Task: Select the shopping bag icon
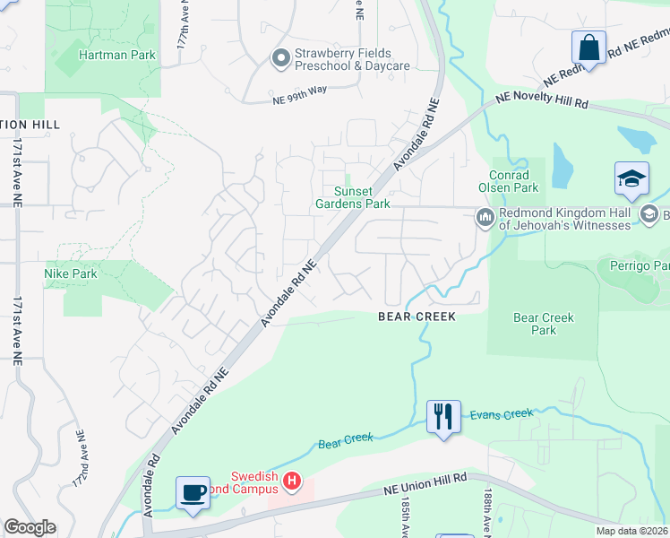tap(589, 48)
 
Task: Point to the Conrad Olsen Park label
tap(514, 181)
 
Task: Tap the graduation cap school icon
tap(631, 178)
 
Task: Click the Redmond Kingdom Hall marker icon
tap(485, 217)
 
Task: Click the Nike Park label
tap(70, 273)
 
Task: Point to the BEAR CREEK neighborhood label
tap(417, 317)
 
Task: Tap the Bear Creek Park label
tap(543, 324)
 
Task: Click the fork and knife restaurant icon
tap(443, 417)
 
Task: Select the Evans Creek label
tap(502, 415)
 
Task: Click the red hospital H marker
tap(291, 482)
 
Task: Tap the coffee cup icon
tap(193, 492)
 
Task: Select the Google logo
tap(30, 527)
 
